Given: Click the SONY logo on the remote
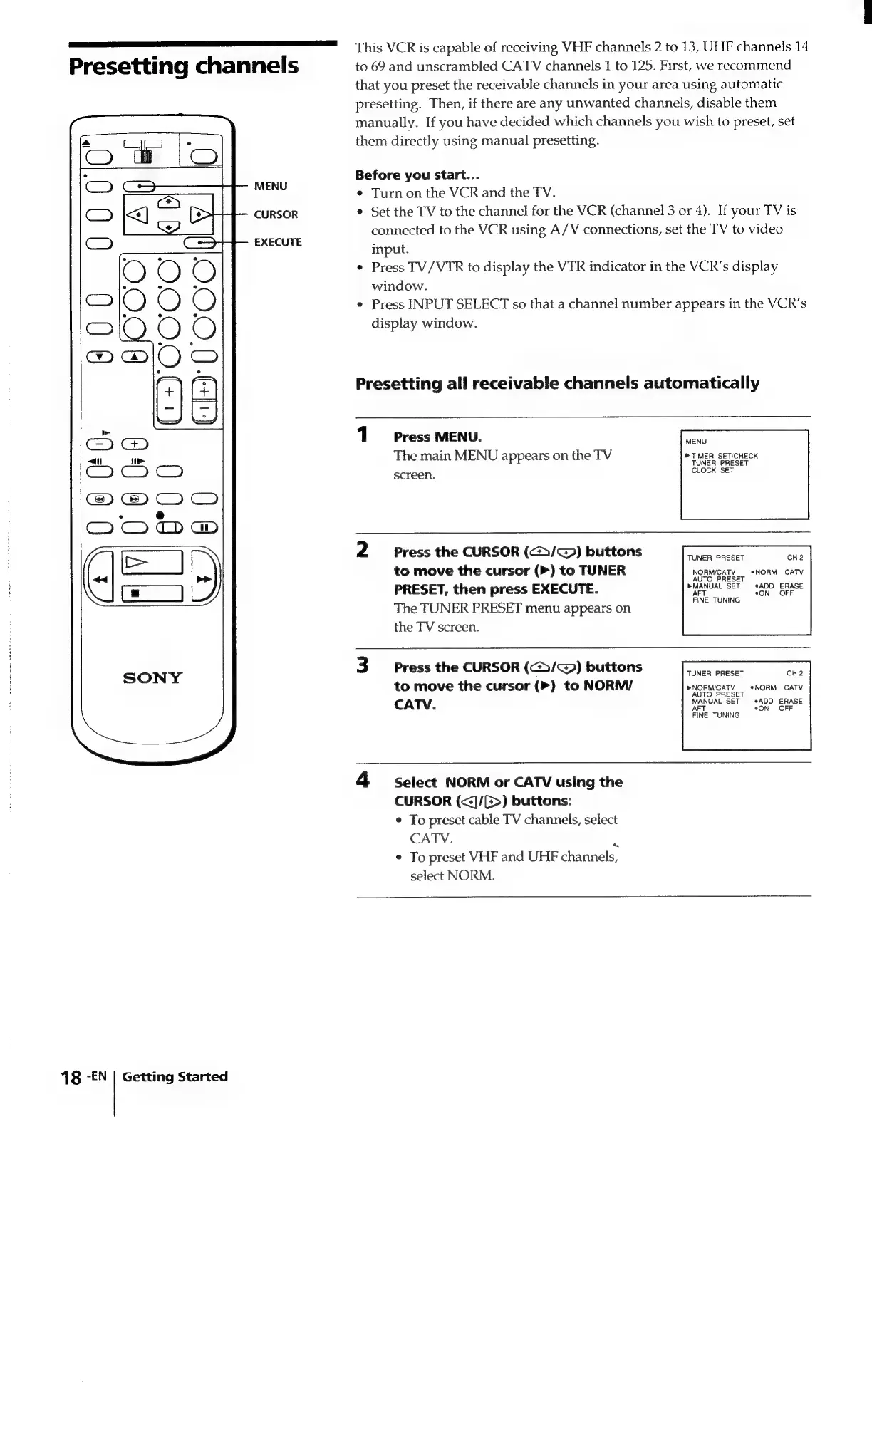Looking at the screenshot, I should (152, 677).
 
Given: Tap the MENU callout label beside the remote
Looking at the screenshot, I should (271, 187).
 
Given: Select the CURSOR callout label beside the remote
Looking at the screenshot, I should (276, 214).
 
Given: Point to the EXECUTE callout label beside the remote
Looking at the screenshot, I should (278, 242).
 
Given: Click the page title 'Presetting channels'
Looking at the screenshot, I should (184, 66).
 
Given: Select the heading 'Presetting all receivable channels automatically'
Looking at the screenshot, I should (557, 383).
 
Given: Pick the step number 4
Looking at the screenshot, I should (363, 781).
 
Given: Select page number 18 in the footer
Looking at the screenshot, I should (71, 1078).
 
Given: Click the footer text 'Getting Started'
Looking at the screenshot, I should (175, 1077).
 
